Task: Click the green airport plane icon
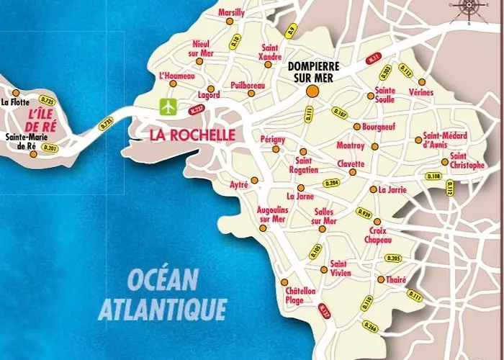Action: pyautogui.click(x=168, y=107)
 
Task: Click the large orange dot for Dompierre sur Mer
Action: pyautogui.click(x=312, y=91)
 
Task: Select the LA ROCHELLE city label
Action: pyautogui.click(x=192, y=135)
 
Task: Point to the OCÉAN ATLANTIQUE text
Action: pyautogui.click(x=161, y=294)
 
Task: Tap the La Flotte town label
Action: pyautogui.click(x=15, y=103)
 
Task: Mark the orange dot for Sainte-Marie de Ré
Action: pyautogui.click(x=33, y=154)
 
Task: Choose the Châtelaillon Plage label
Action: pyautogui.click(x=300, y=295)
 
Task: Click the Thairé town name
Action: pyautogui.click(x=397, y=279)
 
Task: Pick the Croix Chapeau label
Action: pyautogui.click(x=378, y=235)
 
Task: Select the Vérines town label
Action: pyautogui.click(x=420, y=93)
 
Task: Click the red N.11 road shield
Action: pyautogui.click(x=374, y=58)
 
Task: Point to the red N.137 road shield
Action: pyautogui.click(x=324, y=311)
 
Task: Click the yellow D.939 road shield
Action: pyautogui.click(x=364, y=213)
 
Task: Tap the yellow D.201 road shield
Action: pyautogui.click(x=50, y=148)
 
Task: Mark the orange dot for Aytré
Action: pyautogui.click(x=254, y=180)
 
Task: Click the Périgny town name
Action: pyautogui.click(x=273, y=138)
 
